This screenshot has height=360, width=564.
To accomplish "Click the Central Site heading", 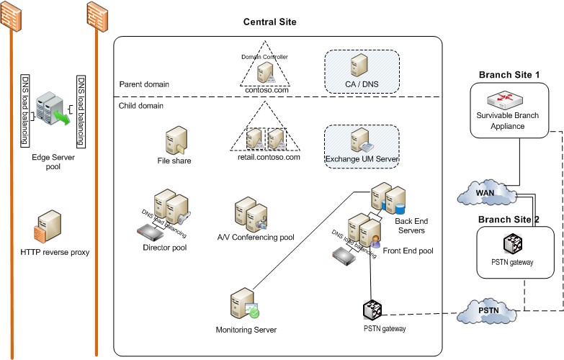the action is (x=270, y=22).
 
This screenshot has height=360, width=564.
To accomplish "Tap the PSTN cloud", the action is (x=488, y=311).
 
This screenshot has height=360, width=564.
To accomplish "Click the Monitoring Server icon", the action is (x=245, y=304).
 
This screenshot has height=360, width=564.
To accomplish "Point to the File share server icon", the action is (x=176, y=140).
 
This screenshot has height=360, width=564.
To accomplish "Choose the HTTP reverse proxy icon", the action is (x=48, y=227).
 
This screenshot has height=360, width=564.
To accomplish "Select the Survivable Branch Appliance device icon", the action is (x=505, y=100).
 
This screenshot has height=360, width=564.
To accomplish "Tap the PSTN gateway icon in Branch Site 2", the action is (x=513, y=243).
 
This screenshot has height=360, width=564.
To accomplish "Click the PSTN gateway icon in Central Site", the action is (x=372, y=310).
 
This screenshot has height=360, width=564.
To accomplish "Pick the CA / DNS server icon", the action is (x=359, y=65).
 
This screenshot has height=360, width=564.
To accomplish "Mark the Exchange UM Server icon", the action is (x=362, y=140).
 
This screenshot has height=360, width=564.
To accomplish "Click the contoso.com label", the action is (x=267, y=90).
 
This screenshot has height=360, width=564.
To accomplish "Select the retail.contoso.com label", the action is (x=269, y=157).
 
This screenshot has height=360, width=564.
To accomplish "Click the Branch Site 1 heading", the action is (x=509, y=75).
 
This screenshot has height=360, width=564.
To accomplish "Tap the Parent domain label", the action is (x=144, y=84).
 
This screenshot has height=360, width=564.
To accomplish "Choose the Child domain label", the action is (x=141, y=106).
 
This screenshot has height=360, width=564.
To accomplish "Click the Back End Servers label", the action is (x=411, y=226).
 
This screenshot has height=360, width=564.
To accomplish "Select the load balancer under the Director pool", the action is (x=151, y=233).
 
